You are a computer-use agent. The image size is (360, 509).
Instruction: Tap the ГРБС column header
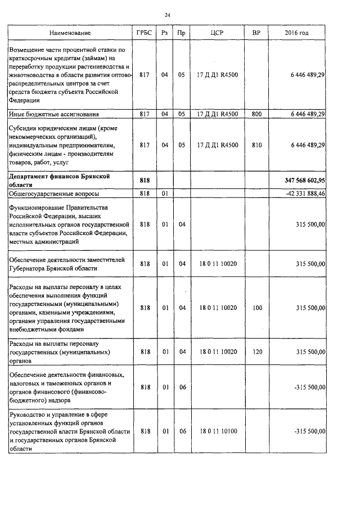[144, 34]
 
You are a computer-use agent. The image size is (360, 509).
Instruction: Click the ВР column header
[257, 34]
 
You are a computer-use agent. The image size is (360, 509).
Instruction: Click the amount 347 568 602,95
[301, 180]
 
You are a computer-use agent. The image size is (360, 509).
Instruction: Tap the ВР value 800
[257, 114]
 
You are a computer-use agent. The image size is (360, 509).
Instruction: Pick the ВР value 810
[257, 145]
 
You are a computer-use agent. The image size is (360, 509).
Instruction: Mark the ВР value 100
[257, 308]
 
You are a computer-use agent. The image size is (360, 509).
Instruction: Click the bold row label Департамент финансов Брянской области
[58, 180]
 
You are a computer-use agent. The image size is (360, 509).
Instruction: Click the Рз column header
[165, 34]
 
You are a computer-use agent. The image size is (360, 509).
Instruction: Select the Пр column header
[181, 34]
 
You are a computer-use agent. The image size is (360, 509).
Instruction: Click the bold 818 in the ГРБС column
[144, 180]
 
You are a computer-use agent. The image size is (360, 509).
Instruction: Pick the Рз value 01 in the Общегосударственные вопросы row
[165, 193]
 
